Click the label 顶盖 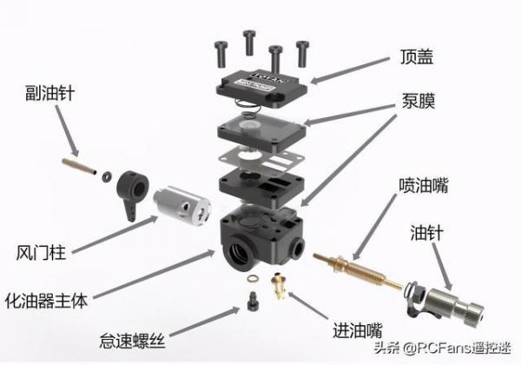[x=417, y=56]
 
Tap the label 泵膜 [x=419, y=101]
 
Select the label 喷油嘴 [x=424, y=185]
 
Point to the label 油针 [x=426, y=233]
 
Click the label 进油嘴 [x=358, y=330]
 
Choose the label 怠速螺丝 [x=132, y=341]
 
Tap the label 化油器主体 [x=47, y=301]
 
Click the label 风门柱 [x=41, y=253]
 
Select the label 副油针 [x=49, y=93]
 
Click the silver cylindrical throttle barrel [x=181, y=204]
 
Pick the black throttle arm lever [x=132, y=194]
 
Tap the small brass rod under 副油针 [x=79, y=166]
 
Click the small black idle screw [x=254, y=302]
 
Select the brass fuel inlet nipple [x=279, y=285]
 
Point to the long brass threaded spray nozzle [x=358, y=271]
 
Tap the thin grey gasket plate [x=260, y=161]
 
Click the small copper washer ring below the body [x=253, y=279]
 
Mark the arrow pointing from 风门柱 [x=115, y=235]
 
